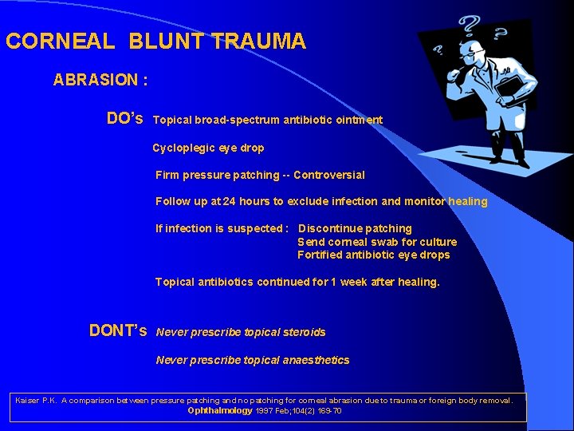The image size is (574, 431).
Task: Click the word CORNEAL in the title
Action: tap(51, 42)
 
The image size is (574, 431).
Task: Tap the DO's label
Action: tap(125, 119)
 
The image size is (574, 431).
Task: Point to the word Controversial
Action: tap(328, 175)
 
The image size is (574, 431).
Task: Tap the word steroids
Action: tap(302, 332)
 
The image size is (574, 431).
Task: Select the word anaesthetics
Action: tap(316, 360)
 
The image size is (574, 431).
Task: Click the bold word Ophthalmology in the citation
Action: tap(219, 410)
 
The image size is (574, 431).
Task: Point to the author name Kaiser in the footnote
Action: tap(29, 400)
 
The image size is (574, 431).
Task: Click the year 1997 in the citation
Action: tap(265, 410)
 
